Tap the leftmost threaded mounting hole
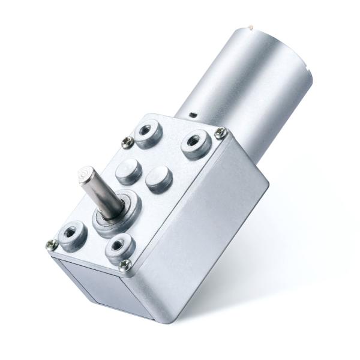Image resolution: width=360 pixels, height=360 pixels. click(71, 230)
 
